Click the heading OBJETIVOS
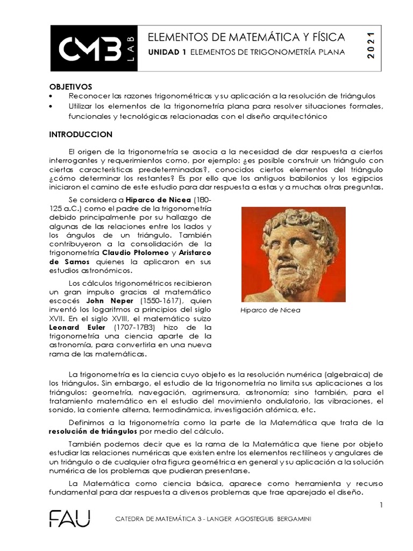71,86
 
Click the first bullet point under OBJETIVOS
51,96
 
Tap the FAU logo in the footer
70,519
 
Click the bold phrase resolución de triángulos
94,432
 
